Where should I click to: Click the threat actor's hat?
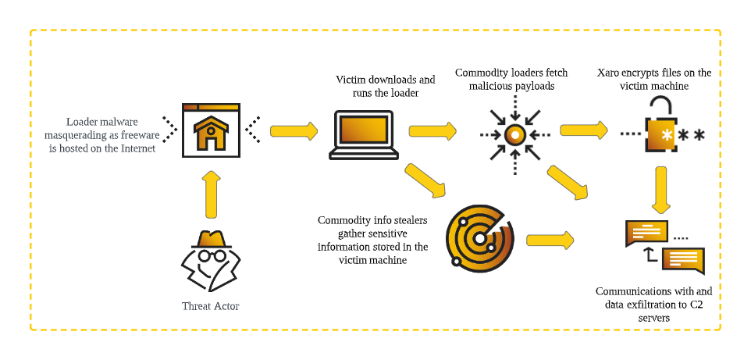click(210, 240)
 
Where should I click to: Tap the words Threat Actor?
click(210, 306)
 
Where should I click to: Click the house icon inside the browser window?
click(208, 134)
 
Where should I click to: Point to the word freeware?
click(140, 135)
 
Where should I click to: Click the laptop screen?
click(364, 129)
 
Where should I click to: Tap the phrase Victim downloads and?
click(385, 80)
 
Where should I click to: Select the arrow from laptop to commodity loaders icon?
click(432, 130)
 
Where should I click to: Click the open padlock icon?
click(660, 125)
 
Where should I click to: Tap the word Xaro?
click(609, 73)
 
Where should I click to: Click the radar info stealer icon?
click(480, 235)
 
